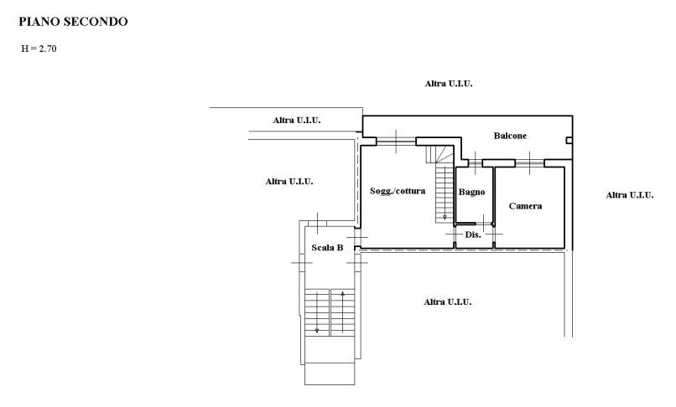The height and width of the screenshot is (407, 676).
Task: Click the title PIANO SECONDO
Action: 73,22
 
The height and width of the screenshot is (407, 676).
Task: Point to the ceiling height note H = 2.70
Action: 39,49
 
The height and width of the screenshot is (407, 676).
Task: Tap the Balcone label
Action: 510,136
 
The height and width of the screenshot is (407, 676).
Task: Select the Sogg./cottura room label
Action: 398,191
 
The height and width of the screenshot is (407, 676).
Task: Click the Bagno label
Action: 471,192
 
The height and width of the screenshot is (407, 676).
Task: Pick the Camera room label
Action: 525,206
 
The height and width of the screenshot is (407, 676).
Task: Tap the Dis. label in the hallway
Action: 473,234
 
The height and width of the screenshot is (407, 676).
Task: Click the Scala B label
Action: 327,248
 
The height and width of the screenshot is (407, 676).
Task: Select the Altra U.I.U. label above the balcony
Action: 449,84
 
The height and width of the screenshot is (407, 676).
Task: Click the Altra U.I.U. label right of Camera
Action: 629,195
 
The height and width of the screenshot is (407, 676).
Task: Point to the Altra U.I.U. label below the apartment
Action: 448,302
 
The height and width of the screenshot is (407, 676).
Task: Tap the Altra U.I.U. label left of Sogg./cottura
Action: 289,182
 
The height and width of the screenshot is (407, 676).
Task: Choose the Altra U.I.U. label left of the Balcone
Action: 297,120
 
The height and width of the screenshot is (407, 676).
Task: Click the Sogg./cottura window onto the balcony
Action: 396,142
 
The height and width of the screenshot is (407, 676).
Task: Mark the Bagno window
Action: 476,163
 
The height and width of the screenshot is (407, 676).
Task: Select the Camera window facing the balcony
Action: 530,163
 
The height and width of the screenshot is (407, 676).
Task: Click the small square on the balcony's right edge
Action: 569,141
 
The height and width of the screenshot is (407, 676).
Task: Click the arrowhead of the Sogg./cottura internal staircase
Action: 445,218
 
